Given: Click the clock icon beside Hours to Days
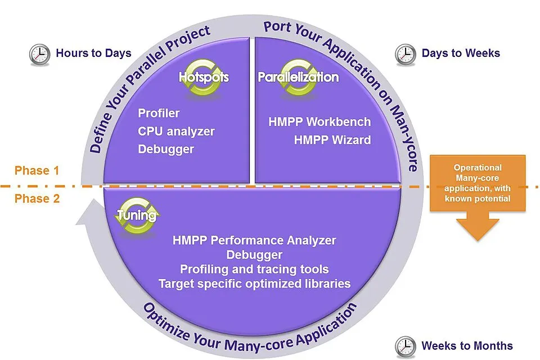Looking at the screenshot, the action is click(39, 55).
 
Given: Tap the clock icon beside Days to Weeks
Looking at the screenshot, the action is click(406, 55).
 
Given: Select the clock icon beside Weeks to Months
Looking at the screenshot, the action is click(406, 346).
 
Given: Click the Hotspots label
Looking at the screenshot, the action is click(204, 77).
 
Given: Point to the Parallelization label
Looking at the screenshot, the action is click(298, 77).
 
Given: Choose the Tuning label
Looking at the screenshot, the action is click(137, 215).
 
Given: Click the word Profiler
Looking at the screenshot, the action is click(159, 113).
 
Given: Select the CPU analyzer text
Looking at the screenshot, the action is click(176, 131).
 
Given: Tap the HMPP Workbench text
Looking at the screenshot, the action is click(319, 121).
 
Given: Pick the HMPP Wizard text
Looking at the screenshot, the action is click(332, 140).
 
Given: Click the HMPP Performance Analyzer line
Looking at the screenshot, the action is click(254, 240).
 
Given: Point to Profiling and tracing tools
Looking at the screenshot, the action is click(254, 269).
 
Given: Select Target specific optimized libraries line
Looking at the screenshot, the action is click(254, 283).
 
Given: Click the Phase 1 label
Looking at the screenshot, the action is click(37, 170).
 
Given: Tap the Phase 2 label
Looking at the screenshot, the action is click(37, 199).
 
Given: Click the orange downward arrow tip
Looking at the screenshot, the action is click(478, 240).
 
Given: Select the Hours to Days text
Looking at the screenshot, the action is click(94, 53).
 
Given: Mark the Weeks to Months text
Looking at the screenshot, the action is click(467, 345).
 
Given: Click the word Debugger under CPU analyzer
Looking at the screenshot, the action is click(166, 149).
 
